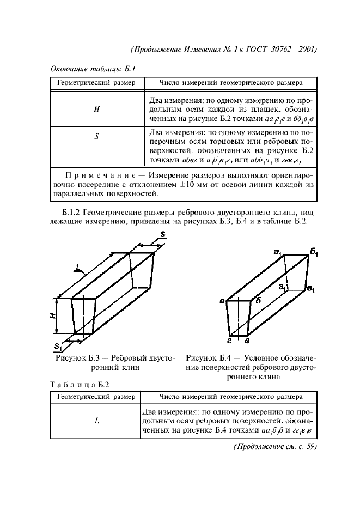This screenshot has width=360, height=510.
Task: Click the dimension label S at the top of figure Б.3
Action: pos(163,234)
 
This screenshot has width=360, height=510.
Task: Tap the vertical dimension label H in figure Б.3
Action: pos(54,316)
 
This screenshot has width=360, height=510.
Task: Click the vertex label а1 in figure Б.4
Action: pos(277,251)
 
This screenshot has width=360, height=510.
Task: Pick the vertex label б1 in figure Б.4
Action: pos(314,251)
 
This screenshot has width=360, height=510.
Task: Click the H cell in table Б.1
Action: pos(96,108)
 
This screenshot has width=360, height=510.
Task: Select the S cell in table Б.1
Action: pos(96,137)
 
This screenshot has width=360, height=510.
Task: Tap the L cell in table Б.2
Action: pos(96,420)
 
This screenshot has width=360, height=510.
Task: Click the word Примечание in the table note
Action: pos(97,175)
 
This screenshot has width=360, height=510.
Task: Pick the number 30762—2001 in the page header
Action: pos(291,50)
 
